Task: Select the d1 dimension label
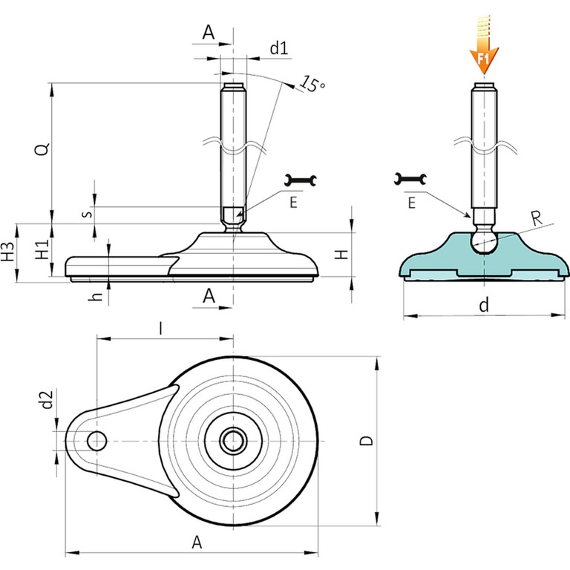pos(278,49)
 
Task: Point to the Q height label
pos(44,148)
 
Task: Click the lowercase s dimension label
pos(86,214)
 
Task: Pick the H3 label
pos(9,252)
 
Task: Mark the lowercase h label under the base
pos(95,295)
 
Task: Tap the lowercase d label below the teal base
pos(484,304)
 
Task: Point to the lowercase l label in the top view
pos(163,327)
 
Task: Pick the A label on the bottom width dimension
pos(197,543)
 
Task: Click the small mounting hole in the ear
pos(96,441)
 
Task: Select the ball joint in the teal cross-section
pos(484,240)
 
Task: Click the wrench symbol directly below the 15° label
pos(302,180)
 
